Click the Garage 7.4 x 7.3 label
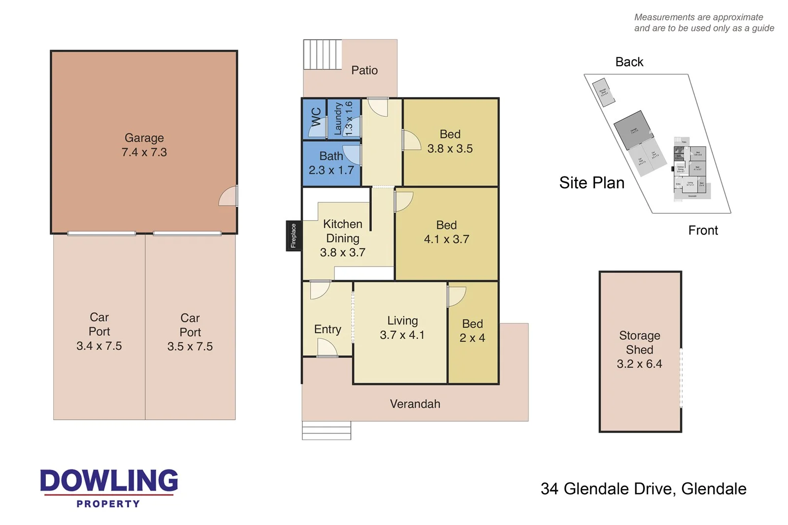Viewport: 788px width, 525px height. [x=144, y=145]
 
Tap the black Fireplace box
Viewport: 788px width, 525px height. [x=294, y=236]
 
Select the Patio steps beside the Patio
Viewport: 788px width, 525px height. [x=322, y=54]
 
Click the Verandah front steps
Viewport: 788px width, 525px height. [x=326, y=430]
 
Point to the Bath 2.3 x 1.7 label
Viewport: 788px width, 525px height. [x=331, y=163]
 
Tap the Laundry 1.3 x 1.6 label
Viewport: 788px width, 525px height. [x=343, y=118]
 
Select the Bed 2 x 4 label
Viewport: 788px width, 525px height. [x=472, y=330]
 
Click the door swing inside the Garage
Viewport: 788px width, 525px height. [x=229, y=197]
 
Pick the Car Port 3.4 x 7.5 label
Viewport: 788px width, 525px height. [x=99, y=331]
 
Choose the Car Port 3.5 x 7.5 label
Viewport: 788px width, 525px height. [x=190, y=332]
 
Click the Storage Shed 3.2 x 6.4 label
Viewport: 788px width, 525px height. [x=639, y=350]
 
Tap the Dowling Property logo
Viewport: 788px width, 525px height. [x=109, y=488]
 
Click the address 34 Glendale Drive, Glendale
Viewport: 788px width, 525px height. [x=643, y=489]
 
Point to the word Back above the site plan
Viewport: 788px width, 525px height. [x=629, y=62]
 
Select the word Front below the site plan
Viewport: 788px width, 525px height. [x=703, y=230]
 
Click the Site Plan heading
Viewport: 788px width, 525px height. [x=591, y=183]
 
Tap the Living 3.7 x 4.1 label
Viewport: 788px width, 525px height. [x=402, y=328]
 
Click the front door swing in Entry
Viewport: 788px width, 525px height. [x=327, y=348]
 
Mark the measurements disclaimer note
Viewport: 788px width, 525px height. [x=704, y=23]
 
